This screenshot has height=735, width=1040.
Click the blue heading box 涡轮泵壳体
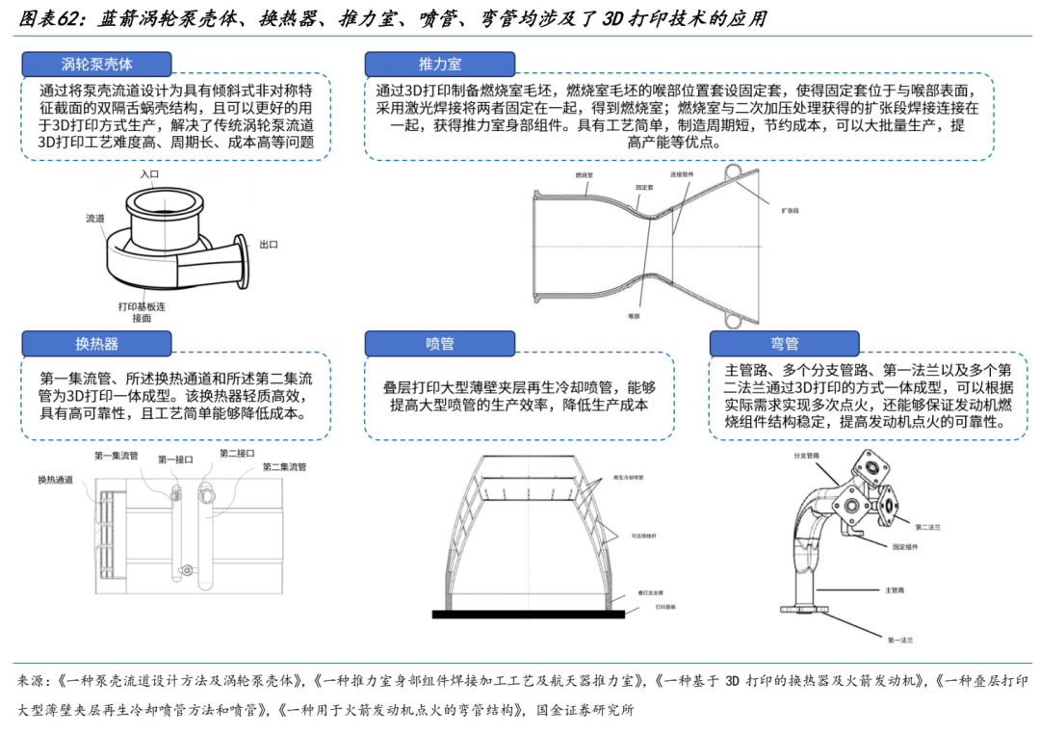point(97,64)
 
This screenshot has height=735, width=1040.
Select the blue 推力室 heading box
point(439,64)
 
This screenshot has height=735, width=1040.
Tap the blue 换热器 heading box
point(97,344)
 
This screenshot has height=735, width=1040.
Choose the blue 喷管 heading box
point(439,344)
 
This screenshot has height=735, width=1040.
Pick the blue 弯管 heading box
point(784,344)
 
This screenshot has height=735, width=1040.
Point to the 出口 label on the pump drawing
point(269,245)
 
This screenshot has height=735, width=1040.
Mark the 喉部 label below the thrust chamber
point(633,315)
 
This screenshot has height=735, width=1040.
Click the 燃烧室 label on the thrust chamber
point(584,175)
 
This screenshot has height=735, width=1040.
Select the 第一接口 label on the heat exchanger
point(175,459)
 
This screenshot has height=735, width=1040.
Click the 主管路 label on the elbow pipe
point(895,590)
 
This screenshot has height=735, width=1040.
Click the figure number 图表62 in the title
point(54,17)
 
